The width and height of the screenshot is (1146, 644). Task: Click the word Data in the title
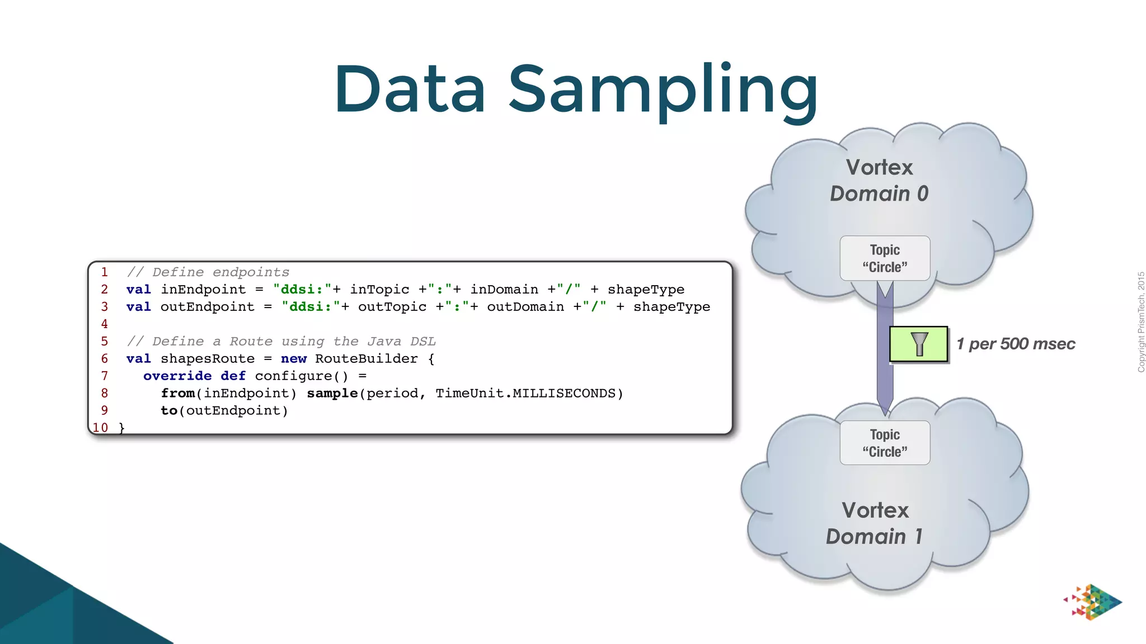tap(410, 89)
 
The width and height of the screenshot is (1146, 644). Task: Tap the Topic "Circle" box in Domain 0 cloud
tap(885, 258)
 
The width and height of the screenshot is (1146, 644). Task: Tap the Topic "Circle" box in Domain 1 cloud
tap(885, 443)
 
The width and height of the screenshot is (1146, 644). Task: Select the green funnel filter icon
tap(919, 344)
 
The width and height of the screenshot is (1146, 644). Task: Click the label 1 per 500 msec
tap(1016, 344)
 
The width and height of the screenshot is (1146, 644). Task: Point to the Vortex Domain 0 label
tap(879, 180)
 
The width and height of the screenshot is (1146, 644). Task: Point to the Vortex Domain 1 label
tap(875, 523)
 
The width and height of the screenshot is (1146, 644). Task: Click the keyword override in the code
tap(177, 376)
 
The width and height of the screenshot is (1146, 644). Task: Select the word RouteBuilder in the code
tap(366, 358)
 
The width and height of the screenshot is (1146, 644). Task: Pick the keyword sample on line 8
tap(332, 393)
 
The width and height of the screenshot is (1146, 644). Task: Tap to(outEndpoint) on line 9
tap(224, 410)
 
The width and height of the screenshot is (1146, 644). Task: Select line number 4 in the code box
tap(104, 324)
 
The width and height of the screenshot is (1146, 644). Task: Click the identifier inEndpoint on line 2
tap(203, 290)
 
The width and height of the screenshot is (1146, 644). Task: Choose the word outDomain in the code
tap(525, 307)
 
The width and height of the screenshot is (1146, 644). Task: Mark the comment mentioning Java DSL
tap(281, 341)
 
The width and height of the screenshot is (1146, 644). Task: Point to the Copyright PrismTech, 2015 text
tap(1140, 322)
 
